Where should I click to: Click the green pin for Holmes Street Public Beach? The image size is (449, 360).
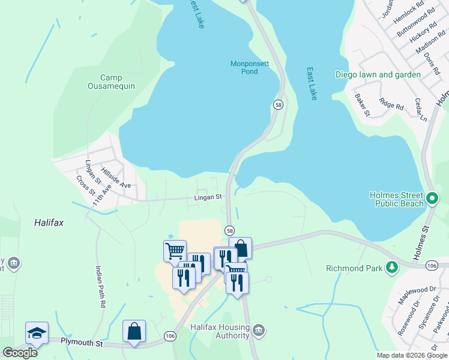click(432, 197)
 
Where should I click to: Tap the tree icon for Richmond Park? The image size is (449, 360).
click(392, 267)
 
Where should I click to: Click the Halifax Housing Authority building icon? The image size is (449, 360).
click(259, 329)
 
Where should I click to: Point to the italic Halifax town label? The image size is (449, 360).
click(49, 222)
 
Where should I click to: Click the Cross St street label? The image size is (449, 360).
click(86, 184)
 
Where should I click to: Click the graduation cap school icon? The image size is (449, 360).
click(36, 333)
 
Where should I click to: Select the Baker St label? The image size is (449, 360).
click(363, 104)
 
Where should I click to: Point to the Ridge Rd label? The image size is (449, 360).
click(392, 105)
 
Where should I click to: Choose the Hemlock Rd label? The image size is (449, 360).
click(409, 14)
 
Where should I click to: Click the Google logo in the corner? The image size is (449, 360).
click(20, 352)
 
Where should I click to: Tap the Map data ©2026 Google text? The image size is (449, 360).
click(411, 355)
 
